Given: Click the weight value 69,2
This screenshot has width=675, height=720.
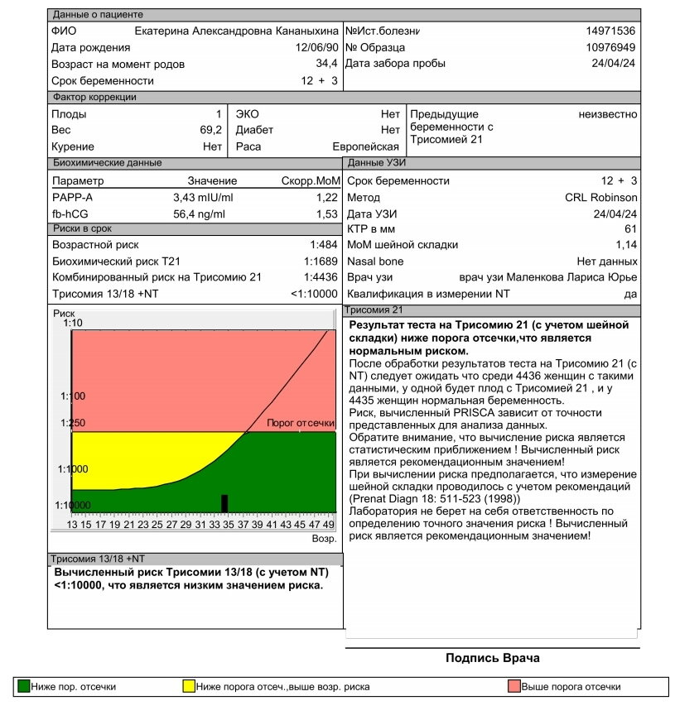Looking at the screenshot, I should coord(211,130).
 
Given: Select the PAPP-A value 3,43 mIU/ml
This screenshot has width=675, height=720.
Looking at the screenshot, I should coord(203,197).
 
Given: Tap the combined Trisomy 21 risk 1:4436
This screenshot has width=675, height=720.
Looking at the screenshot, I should coord(321,277).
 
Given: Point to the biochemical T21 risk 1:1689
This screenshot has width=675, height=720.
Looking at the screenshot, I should coord(321,262).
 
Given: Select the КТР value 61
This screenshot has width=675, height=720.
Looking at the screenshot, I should coord(630,229).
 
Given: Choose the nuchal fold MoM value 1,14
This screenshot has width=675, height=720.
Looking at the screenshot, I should coord(626,245).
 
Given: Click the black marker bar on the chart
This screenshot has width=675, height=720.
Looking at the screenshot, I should coord(224,503).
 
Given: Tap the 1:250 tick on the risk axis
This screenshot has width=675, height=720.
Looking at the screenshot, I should coord(73,423).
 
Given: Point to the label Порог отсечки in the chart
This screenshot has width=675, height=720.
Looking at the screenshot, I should coord(300,423).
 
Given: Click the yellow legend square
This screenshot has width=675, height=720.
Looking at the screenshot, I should coord(189,686).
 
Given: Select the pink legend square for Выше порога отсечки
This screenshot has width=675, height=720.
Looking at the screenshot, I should coord(513,686).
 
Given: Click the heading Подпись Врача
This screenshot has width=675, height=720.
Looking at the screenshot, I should coord(492,659).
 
